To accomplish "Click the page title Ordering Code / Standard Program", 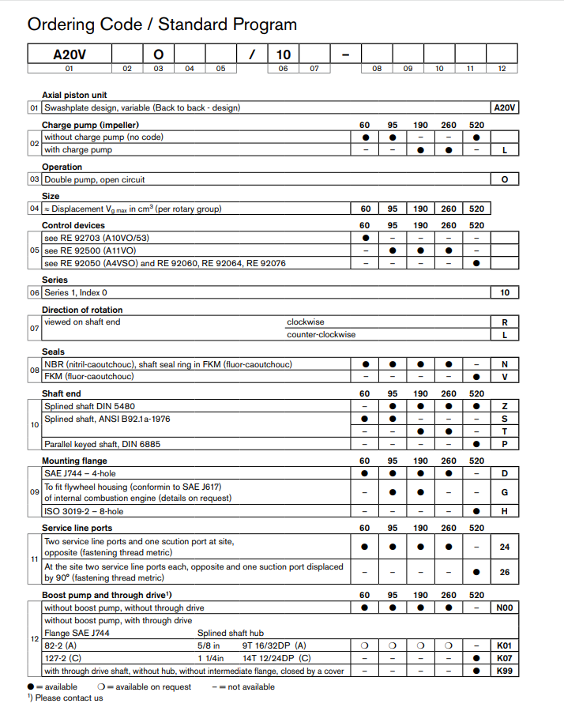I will pyautogui.click(x=162, y=24).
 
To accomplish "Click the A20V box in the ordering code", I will pyautogui.click(x=69, y=55).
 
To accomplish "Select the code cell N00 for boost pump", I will pyautogui.click(x=504, y=608).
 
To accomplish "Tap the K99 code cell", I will pyautogui.click(x=504, y=671).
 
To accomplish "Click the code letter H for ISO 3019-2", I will pyautogui.click(x=504, y=511).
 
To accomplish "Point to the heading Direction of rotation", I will pyautogui.click(x=82, y=310).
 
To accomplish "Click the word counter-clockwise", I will pyautogui.click(x=321, y=334).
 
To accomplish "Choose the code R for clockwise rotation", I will pyautogui.click(x=504, y=322).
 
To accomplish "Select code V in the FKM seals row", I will pyautogui.click(x=504, y=376).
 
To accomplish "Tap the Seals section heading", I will pyautogui.click(x=54, y=352).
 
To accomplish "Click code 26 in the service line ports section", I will pyautogui.click(x=504, y=572).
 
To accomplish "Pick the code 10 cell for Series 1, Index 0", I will pyautogui.click(x=504, y=292).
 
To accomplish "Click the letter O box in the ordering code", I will pyautogui.click(x=158, y=55).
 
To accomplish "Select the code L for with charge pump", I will pyautogui.click(x=504, y=149).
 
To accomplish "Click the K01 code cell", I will pyautogui.click(x=504, y=645).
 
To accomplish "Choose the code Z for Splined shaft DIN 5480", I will pyautogui.click(x=504, y=406).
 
